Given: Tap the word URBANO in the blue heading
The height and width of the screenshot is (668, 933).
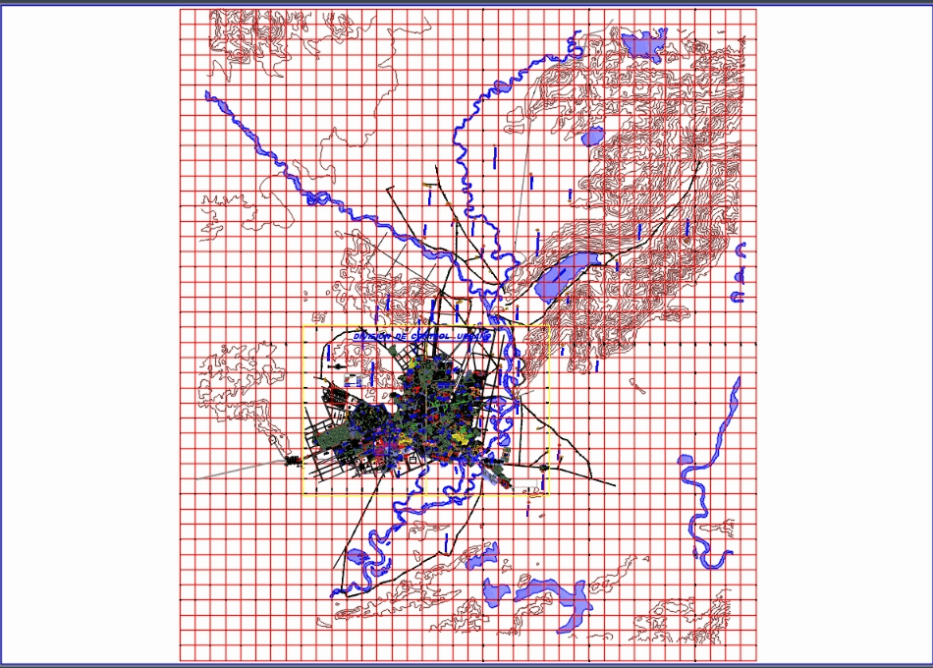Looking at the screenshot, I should (x=473, y=336).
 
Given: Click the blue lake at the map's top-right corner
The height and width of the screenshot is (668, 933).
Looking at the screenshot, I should (x=643, y=44).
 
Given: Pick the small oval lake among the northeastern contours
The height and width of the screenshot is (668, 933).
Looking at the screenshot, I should (x=591, y=138).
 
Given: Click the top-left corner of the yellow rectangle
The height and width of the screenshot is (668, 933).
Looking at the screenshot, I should (x=302, y=326).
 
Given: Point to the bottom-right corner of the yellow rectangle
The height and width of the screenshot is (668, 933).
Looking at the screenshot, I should (x=548, y=494).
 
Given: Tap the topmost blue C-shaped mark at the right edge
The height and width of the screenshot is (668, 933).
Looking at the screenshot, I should (x=742, y=248).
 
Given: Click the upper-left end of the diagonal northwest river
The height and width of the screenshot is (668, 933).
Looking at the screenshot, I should (x=208, y=95).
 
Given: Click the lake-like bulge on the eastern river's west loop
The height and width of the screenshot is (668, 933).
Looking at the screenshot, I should (x=686, y=459).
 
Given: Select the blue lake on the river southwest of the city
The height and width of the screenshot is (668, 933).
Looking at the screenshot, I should (x=357, y=558).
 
